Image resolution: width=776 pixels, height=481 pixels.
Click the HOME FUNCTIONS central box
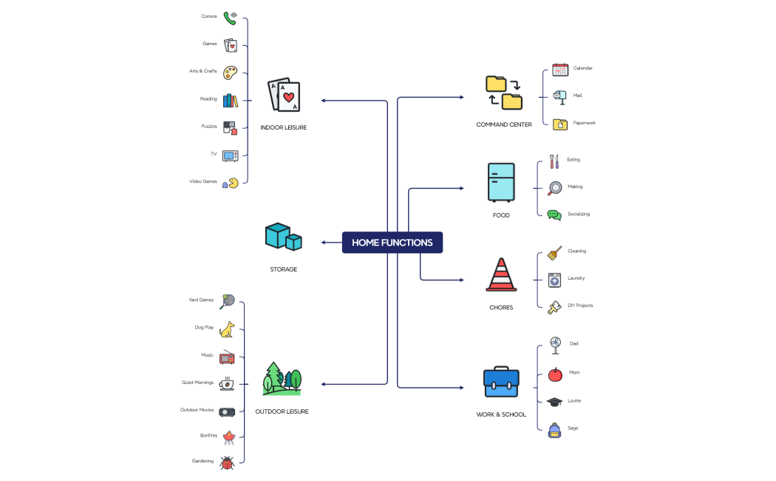[392, 243]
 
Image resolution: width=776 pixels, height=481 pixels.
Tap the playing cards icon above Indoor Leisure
[283, 95]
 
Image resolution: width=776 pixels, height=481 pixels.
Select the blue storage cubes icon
[283, 237]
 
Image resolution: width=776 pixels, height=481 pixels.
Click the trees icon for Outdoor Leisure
[282, 379]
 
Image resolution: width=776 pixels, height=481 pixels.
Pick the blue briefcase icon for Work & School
[501, 382]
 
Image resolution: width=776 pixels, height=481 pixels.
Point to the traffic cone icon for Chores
[501, 275]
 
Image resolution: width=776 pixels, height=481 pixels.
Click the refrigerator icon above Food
[501, 183]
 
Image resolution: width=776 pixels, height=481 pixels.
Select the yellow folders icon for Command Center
[503, 92]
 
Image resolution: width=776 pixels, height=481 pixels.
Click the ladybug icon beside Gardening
[227, 462]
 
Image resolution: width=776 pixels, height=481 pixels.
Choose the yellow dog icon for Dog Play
[227, 329]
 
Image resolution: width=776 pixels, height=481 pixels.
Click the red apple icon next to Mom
[554, 374]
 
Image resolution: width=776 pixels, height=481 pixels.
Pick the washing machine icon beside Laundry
[554, 279]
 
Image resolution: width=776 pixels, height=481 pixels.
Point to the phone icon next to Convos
[231, 17]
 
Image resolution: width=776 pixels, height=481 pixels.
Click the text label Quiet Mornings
[197, 383]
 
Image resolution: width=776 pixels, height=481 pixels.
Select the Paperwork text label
[584, 123]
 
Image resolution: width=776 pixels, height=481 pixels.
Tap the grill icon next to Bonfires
[228, 437]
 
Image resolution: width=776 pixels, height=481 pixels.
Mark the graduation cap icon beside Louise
[554, 401]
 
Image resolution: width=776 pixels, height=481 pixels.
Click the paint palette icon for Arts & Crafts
[231, 72]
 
